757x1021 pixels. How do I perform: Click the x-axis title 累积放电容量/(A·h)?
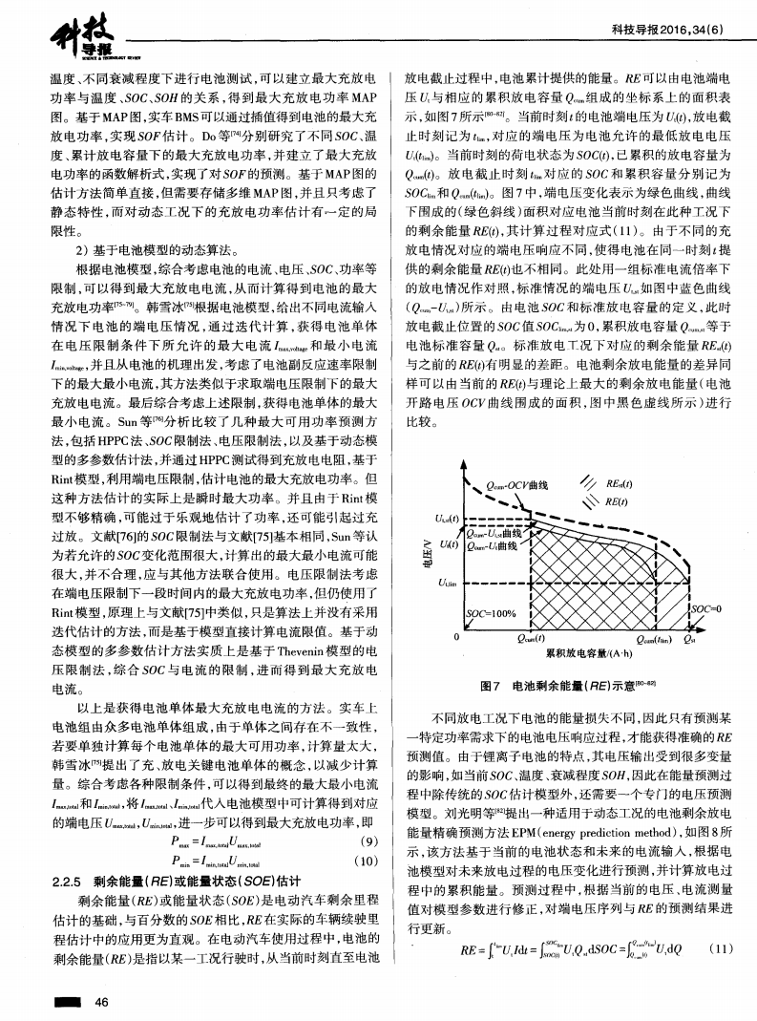coord(587,652)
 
